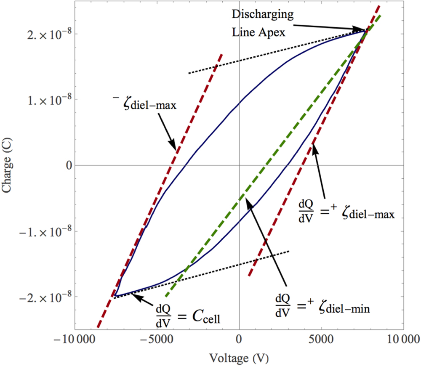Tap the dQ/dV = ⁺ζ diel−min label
322,303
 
